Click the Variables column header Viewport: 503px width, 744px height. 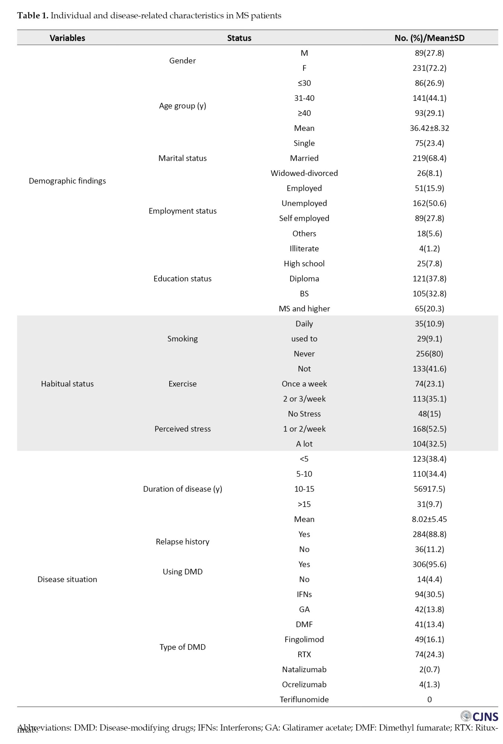pos(67,38)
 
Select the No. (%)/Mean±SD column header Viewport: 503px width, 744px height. pos(429,38)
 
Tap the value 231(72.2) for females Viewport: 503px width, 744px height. pos(429,68)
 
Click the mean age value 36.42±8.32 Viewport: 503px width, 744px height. pos(429,128)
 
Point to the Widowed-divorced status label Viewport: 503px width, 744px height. pos(304,173)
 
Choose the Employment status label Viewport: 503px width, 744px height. pos(182,211)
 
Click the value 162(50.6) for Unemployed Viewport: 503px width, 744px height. pos(429,203)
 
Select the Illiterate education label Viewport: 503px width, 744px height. pos(304,248)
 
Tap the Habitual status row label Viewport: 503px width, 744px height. pos(67,384)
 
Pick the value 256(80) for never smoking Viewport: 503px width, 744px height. pos(429,354)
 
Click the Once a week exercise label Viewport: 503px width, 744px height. pos(304,384)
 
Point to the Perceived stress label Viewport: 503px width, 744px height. pos(182,429)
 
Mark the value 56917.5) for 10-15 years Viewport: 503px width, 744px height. pos(429,489)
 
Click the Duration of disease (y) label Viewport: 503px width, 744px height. pos(182,489)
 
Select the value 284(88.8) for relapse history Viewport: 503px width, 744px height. pos(429,534)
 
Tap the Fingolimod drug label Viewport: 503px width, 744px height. pos(304,639)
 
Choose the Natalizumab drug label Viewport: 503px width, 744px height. pos(304,670)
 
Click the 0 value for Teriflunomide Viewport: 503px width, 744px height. pos(429,699)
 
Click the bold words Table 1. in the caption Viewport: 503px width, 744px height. pos(33,16)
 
